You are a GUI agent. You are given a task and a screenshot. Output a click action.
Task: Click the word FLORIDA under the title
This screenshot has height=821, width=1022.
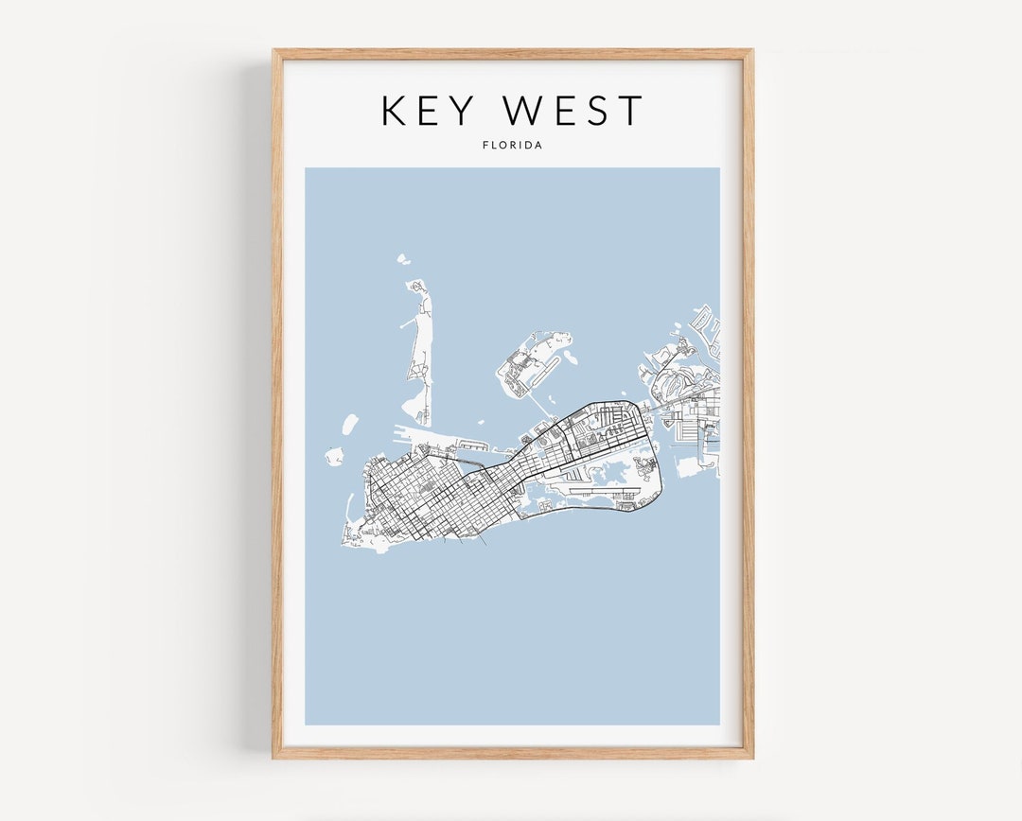(512, 146)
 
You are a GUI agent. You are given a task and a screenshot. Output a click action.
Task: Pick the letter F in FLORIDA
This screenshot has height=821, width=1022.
(485, 146)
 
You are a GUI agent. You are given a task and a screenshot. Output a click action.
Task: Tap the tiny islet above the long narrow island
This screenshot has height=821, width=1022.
(402, 257)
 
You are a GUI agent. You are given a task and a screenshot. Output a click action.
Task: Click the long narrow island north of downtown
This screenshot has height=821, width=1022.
(418, 350)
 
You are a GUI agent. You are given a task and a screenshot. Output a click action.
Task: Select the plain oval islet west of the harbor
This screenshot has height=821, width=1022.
(350, 423)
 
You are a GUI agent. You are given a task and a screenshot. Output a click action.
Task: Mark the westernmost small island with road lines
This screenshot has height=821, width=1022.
(335, 456)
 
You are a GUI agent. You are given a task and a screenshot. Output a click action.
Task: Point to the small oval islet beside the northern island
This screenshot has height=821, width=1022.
(571, 358)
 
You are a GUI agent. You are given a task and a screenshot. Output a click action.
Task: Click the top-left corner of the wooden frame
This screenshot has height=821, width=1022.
(274, 51)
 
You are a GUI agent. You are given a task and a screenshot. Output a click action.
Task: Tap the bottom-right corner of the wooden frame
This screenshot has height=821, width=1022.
(751, 757)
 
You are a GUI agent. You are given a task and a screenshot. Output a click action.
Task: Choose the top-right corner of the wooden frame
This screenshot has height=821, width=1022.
(751, 51)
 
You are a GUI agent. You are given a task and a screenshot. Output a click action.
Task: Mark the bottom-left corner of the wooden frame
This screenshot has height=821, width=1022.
(274, 757)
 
